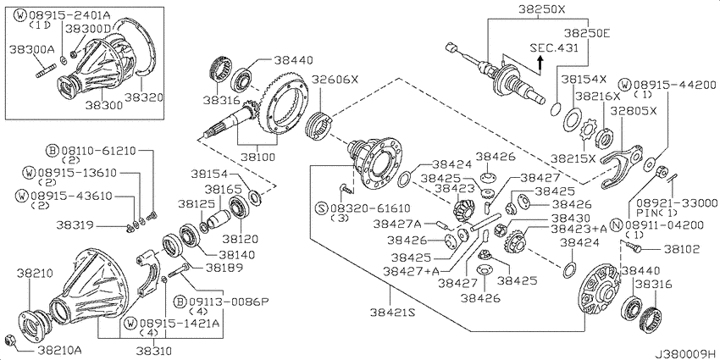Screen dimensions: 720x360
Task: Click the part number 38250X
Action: pos(542,8)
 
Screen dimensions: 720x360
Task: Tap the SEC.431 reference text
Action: pos(554,47)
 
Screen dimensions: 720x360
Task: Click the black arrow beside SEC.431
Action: pos(541,62)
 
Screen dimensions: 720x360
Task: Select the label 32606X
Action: pos(335,80)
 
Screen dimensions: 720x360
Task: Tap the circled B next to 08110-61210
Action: pos(53,150)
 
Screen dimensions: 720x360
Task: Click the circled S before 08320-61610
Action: pos(321,208)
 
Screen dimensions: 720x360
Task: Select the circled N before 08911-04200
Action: pos(618,224)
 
